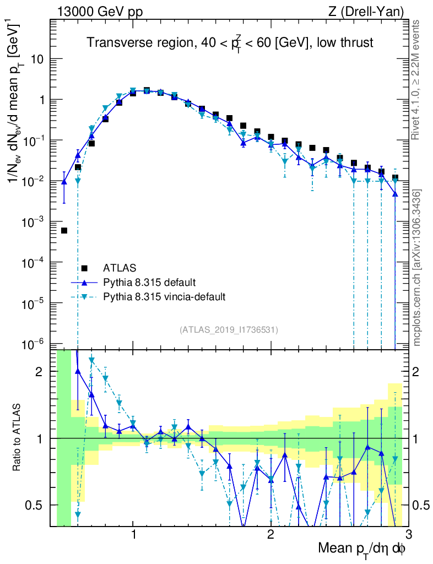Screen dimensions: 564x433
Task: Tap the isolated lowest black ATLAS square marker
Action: tap(64, 231)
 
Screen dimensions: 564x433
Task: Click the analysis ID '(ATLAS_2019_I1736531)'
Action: tap(229, 330)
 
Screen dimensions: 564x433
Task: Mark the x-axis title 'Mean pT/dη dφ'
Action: tap(362, 549)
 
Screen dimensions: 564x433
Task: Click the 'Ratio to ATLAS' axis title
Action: tap(18, 438)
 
